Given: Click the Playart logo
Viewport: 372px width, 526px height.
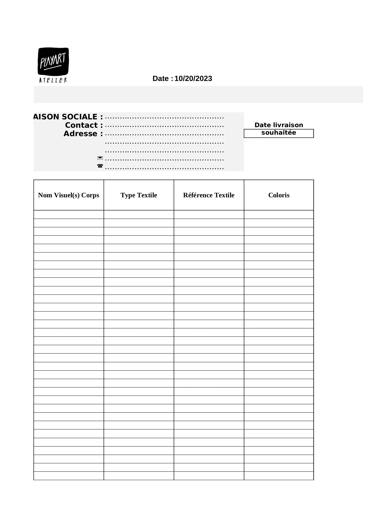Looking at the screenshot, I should click(53, 62).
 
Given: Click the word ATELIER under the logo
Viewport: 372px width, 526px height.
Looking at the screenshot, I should click(53, 80).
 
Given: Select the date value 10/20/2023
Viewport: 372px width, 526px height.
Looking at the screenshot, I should click(193, 79).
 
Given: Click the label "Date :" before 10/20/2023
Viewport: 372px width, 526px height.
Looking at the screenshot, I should click(162, 79).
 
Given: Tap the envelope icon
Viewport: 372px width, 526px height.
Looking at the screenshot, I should click(100, 158).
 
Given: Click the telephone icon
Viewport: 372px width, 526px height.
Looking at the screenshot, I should click(100, 166).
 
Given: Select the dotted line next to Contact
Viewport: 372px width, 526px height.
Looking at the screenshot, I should click(164, 126).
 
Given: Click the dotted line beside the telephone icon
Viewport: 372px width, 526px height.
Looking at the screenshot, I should click(164, 168).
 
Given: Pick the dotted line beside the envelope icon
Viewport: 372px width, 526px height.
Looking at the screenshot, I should click(164, 160).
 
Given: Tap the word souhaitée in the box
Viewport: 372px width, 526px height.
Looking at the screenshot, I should click(278, 133).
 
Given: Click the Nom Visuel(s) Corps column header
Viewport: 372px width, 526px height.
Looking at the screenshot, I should click(69, 195).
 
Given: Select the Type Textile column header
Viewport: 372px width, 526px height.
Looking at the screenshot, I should click(139, 195).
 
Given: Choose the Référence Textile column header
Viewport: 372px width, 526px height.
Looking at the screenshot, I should click(209, 195).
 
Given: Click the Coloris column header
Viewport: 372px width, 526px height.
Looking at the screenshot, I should click(279, 195).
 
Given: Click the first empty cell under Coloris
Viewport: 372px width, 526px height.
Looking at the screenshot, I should click(279, 214).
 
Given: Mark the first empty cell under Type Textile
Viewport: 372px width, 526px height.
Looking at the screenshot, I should click(139, 214).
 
